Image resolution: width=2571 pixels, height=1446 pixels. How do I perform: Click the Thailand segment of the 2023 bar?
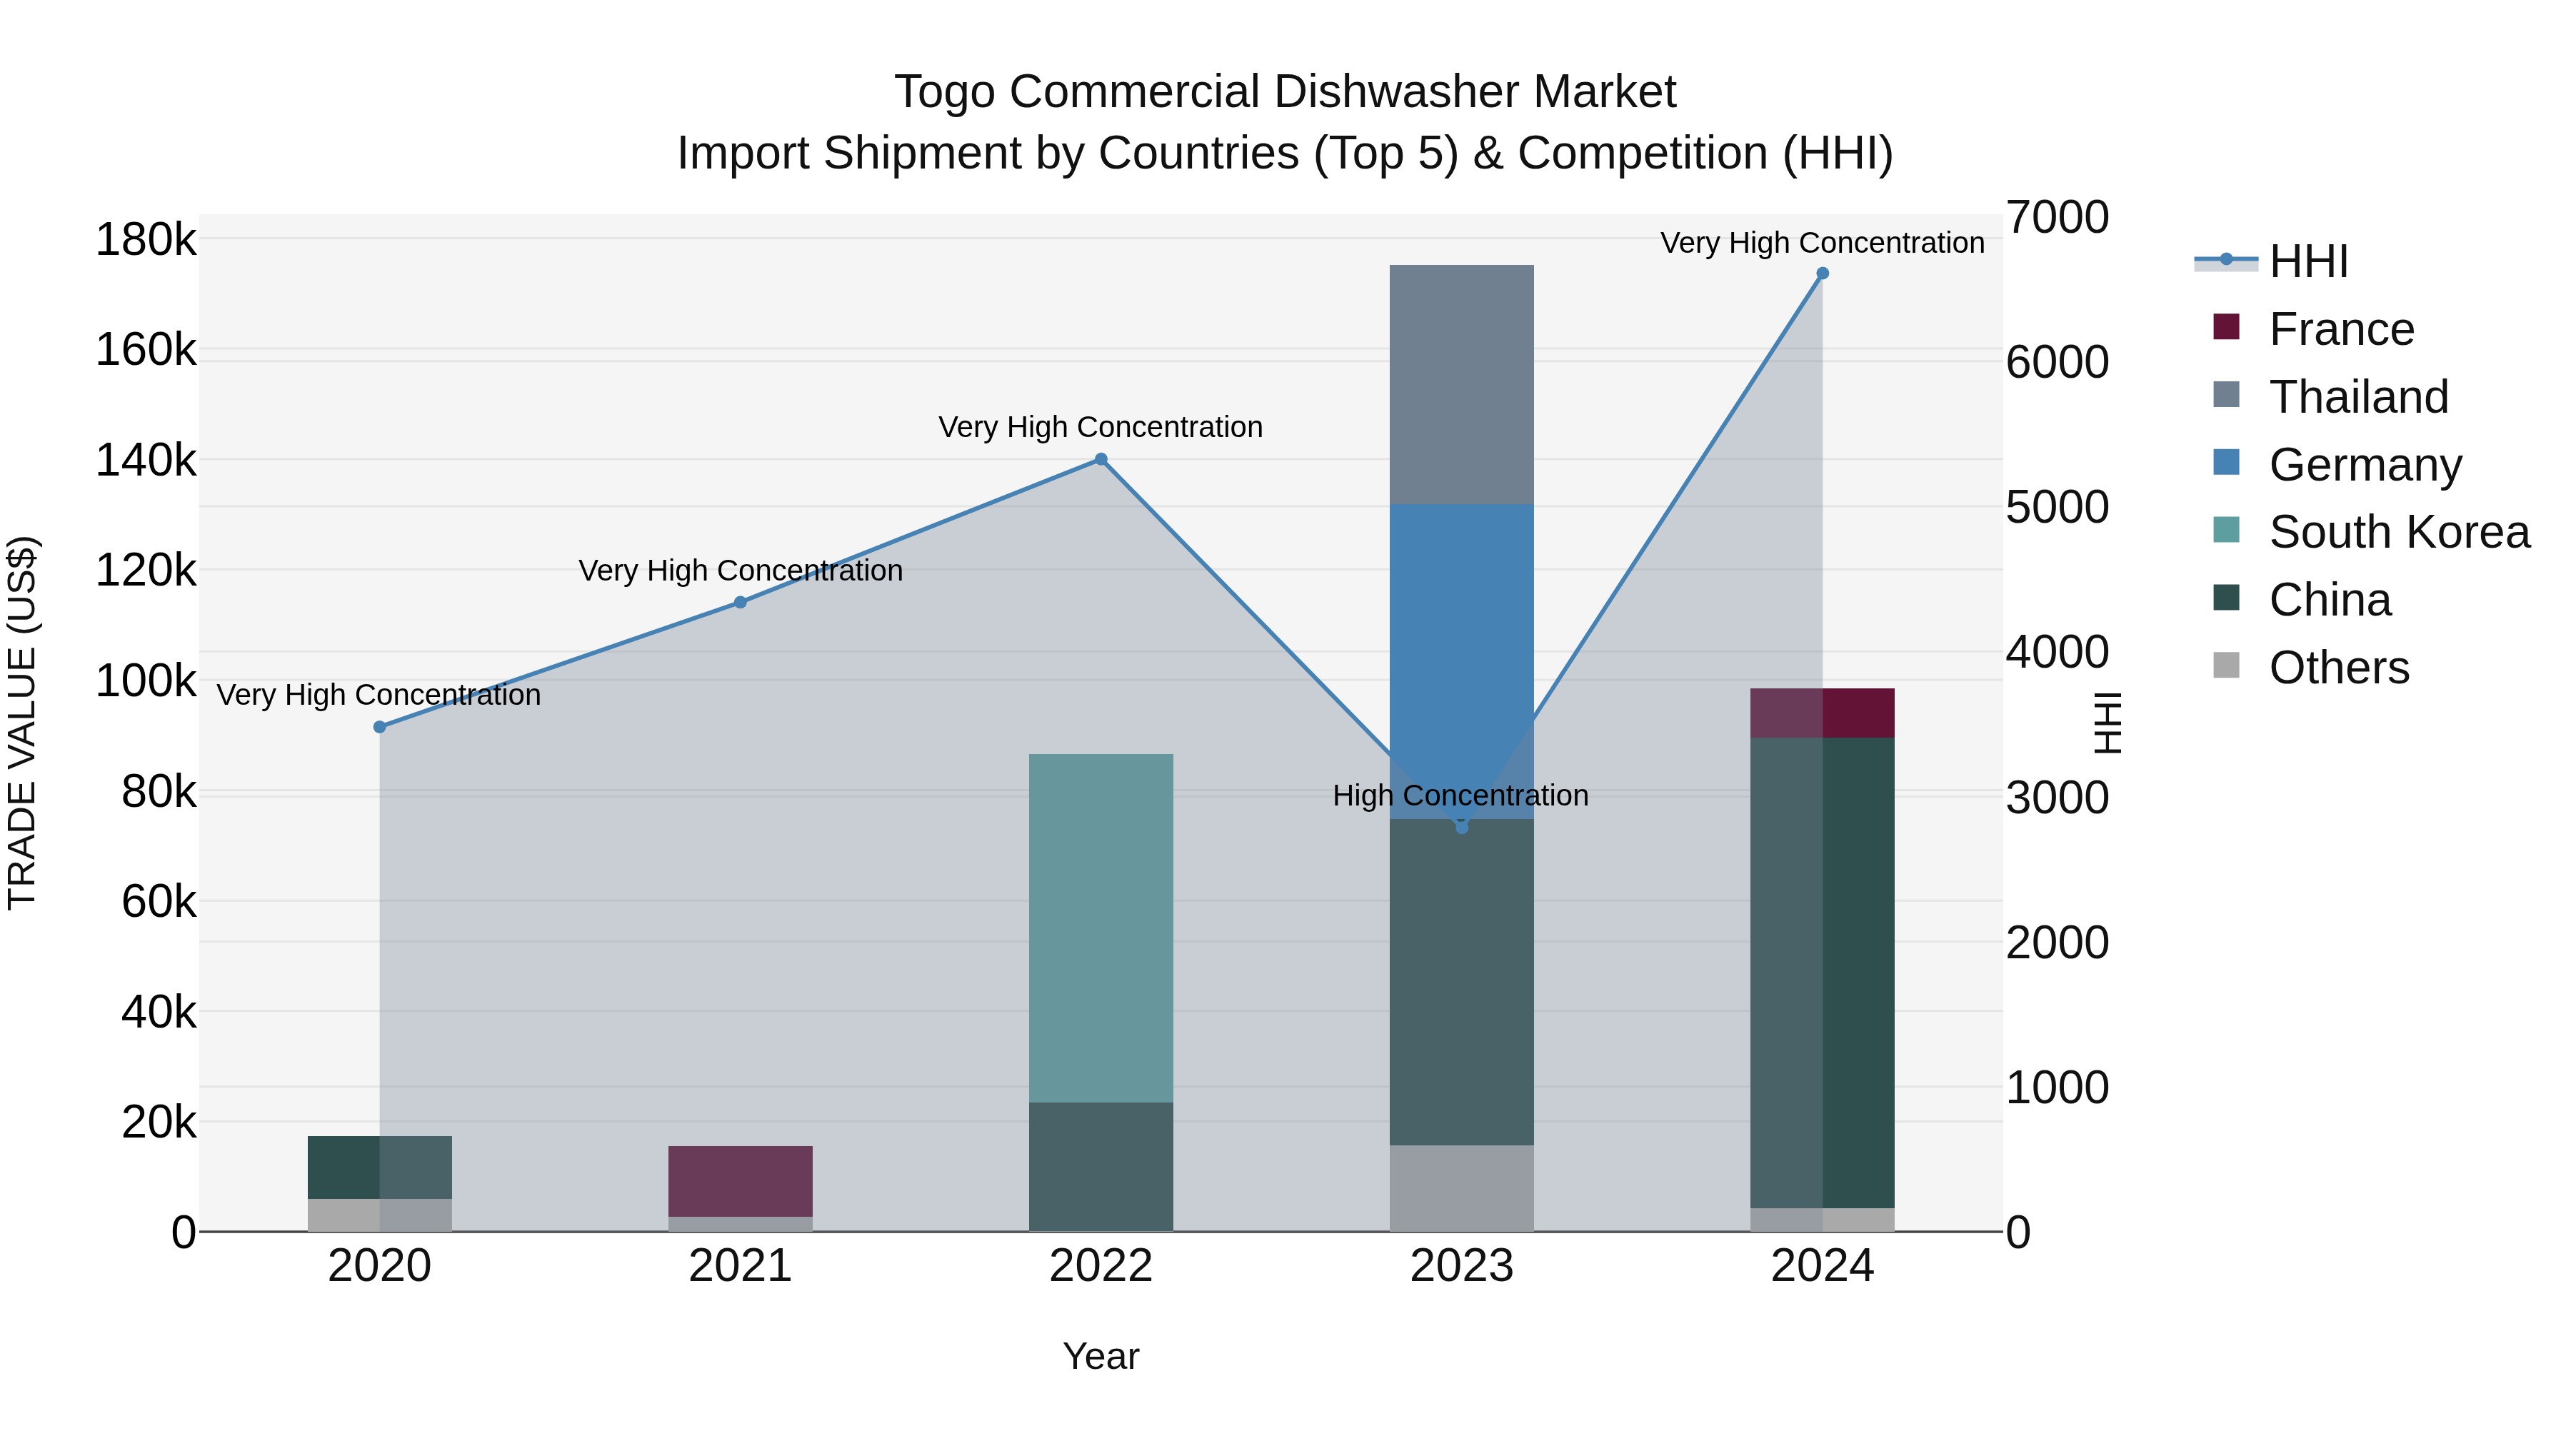[1461, 384]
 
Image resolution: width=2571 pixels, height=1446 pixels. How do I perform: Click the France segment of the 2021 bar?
[740, 1180]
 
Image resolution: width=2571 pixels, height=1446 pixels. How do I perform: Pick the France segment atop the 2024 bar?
[1823, 713]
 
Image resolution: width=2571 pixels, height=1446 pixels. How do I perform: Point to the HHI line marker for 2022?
[1101, 459]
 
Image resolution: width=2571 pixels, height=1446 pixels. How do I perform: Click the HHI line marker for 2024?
[1823, 273]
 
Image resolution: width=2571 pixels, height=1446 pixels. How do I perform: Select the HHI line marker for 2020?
[379, 726]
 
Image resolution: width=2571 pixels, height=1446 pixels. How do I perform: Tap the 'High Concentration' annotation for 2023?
[1460, 795]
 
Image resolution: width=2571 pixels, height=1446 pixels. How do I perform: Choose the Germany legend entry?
[2365, 465]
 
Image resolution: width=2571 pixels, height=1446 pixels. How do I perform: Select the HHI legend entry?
[2307, 261]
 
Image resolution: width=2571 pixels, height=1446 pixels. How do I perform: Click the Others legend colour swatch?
[2225, 666]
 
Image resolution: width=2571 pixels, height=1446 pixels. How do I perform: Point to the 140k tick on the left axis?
[146, 461]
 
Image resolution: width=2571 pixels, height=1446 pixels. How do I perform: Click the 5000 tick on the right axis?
[2057, 507]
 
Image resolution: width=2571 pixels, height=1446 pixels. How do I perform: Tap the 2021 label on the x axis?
[740, 1266]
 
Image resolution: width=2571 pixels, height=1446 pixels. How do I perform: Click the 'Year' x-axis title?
[1100, 1356]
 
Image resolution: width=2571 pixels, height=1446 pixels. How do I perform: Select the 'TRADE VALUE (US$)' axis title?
[22, 723]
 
